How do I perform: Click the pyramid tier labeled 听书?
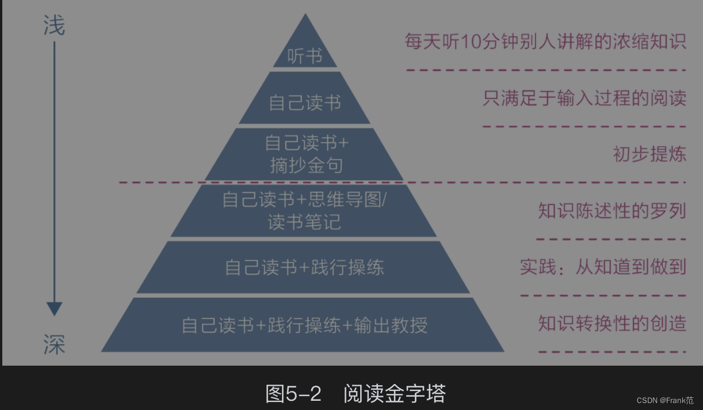(304, 56)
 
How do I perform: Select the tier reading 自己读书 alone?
(304, 102)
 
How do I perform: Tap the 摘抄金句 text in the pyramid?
(306, 165)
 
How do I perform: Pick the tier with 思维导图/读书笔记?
(304, 211)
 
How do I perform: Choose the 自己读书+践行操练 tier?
(304, 267)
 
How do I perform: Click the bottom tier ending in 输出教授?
(304, 325)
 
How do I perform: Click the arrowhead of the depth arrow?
(54, 309)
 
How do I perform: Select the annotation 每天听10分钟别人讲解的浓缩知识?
(545, 42)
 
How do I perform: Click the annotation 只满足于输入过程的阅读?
(584, 98)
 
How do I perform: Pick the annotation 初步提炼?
(649, 154)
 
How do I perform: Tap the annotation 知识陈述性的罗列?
(612, 211)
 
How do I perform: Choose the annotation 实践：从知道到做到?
(603, 267)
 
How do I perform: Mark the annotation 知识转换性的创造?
(612, 323)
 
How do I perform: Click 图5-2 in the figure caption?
(293, 394)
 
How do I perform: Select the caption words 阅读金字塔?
(394, 394)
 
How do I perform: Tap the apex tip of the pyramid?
(305, 14)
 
